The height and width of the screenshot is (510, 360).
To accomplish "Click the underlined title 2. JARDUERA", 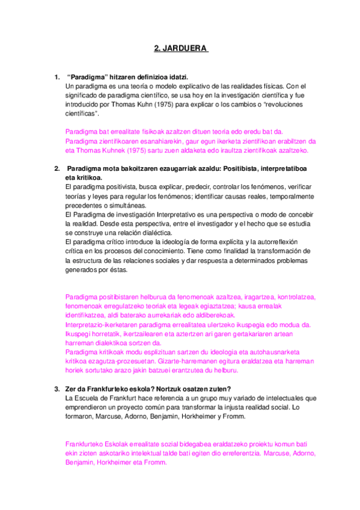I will (180, 50).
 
